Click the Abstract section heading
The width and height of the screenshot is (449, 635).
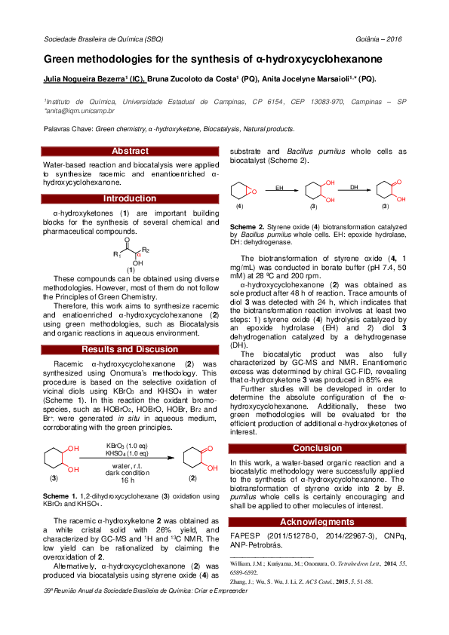coord(130,152)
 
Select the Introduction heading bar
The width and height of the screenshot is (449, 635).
coord(130,198)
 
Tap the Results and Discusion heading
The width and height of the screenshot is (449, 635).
coord(130,349)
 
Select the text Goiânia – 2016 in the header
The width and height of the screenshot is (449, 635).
coord(380,38)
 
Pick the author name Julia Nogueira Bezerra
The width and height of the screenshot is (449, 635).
coord(83,78)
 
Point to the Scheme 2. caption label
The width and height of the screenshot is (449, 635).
coord(247,226)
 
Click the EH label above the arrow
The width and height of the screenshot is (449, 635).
coord(279,186)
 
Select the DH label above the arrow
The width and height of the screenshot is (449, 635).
coord(353,186)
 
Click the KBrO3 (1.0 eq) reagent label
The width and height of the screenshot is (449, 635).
coord(126,447)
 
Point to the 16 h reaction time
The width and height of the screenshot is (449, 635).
coord(127,480)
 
